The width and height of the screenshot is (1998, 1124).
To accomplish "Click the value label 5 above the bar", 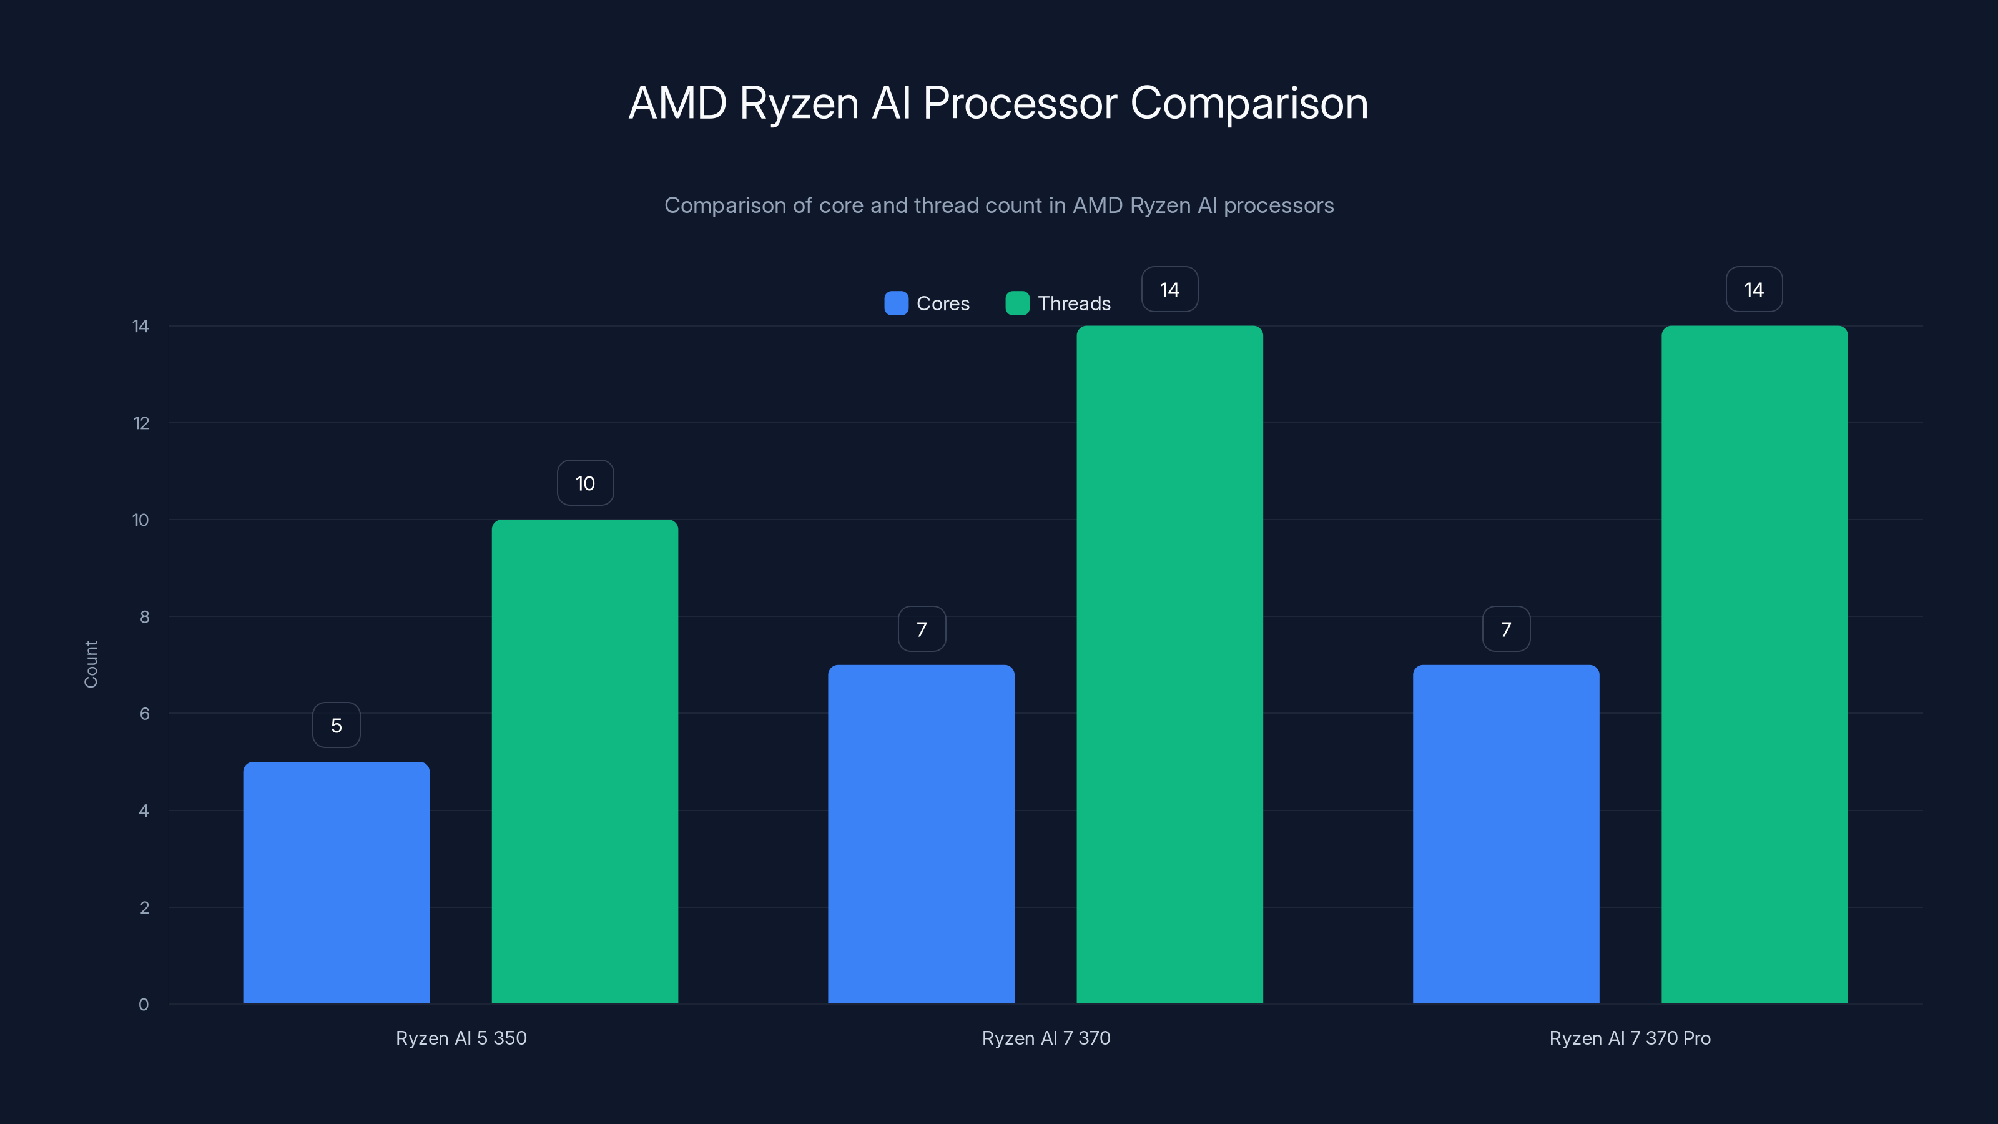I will point(336,725).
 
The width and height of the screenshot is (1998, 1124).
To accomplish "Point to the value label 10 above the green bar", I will point(585,483).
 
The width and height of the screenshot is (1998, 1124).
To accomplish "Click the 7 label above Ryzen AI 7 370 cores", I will point(922,629).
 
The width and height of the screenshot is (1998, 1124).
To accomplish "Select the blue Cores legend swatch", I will point(896,303).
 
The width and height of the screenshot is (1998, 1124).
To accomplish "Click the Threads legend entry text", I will point(1073,303).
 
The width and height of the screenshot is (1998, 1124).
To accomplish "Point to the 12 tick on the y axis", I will point(141,423).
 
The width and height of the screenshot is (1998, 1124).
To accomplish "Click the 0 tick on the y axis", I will point(144,1005).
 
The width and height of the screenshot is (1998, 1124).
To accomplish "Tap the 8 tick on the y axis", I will point(144,617).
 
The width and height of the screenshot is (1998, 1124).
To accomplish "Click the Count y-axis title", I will point(91,664).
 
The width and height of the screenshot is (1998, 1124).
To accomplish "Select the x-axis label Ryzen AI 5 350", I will point(461,1038).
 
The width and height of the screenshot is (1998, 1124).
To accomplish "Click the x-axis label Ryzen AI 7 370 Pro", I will point(1630,1038).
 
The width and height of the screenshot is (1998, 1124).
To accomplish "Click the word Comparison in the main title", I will point(1249,103).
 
